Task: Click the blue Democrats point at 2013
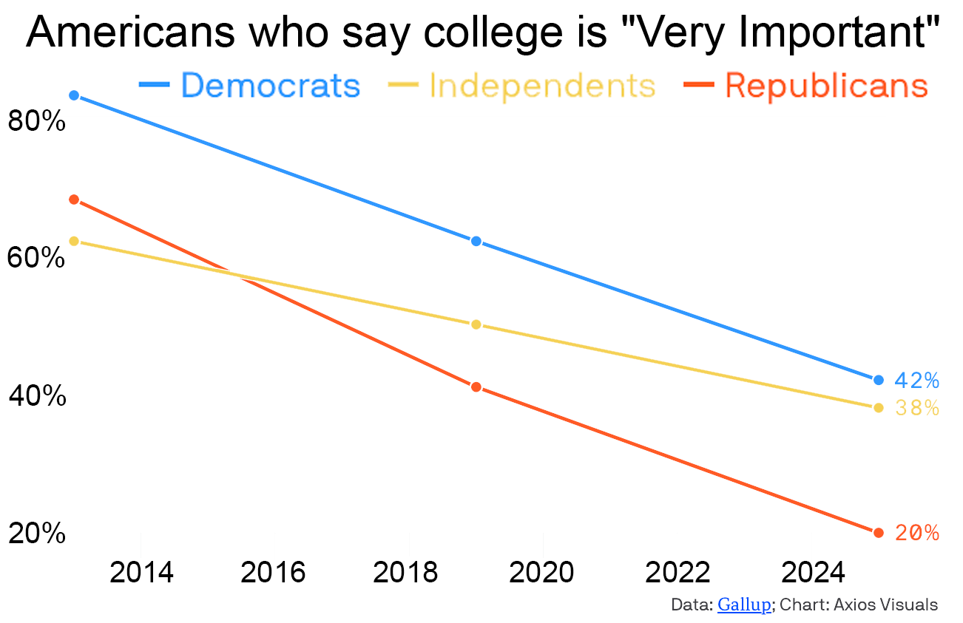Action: pyautogui.click(x=74, y=95)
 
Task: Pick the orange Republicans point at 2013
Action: pyautogui.click(x=74, y=200)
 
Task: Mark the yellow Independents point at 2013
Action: pyautogui.click(x=74, y=241)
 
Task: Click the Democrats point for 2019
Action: pyautogui.click(x=476, y=241)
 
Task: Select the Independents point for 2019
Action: pyautogui.click(x=476, y=324)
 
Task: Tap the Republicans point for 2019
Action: pyautogui.click(x=476, y=387)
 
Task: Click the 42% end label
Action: pyautogui.click(x=916, y=381)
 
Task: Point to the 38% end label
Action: pyautogui.click(x=916, y=408)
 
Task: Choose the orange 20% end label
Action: pyautogui.click(x=916, y=533)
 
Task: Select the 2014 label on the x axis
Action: pyautogui.click(x=141, y=572)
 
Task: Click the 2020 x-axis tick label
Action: pyautogui.click(x=543, y=572)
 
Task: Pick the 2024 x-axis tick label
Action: pyautogui.click(x=812, y=572)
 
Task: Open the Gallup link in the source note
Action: pyautogui.click(x=744, y=605)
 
